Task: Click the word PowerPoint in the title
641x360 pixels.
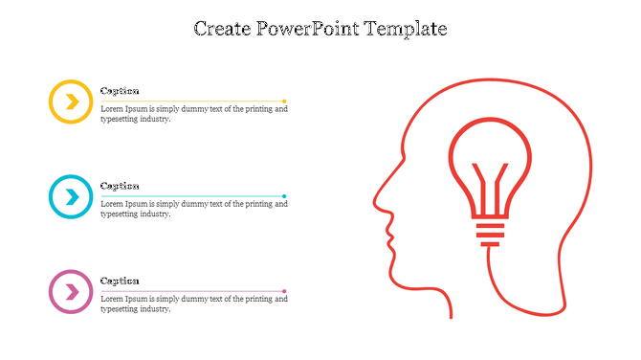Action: click(x=304, y=29)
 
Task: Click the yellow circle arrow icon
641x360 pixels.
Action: click(x=70, y=101)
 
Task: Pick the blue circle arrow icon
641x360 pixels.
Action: click(x=70, y=197)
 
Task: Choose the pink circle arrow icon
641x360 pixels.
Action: click(x=70, y=292)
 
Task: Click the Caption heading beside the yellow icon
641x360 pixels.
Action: click(x=120, y=91)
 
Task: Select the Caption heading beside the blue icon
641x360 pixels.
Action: click(x=120, y=186)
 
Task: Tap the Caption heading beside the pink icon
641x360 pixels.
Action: click(x=120, y=281)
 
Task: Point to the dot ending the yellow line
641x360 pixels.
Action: click(x=284, y=101)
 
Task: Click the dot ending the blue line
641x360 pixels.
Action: click(x=284, y=196)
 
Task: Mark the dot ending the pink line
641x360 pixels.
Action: click(x=284, y=291)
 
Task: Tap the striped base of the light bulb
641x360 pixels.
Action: click(x=489, y=230)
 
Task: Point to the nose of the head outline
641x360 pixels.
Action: click(x=375, y=202)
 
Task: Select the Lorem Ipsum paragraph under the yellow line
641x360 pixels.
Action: click(x=193, y=114)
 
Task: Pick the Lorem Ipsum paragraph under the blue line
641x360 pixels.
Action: click(x=193, y=209)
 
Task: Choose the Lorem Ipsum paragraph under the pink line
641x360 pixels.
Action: click(x=193, y=304)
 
